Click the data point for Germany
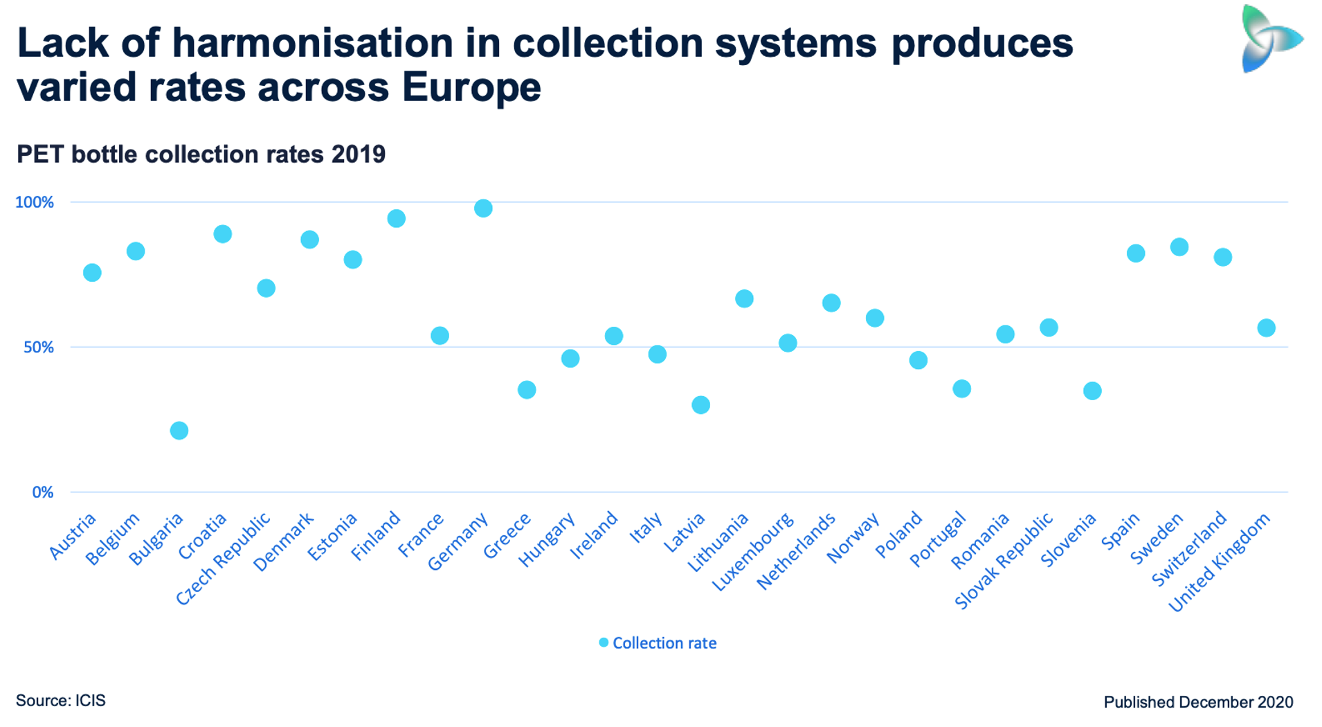[483, 208]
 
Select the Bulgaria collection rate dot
[179, 431]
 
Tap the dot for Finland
[396, 219]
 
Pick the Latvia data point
[700, 405]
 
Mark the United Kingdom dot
[1266, 328]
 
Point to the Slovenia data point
[1092, 391]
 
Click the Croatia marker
[222, 234]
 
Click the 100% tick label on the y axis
[35, 202]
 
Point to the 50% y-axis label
[39, 348]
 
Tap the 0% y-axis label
[43, 492]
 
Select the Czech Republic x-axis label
[223, 559]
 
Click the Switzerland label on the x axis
[1189, 548]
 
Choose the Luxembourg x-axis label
[753, 553]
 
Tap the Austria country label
[73, 537]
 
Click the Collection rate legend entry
[658, 643]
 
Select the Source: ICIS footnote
[61, 701]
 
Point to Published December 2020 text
[1198, 702]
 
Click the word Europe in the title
[471, 87]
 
